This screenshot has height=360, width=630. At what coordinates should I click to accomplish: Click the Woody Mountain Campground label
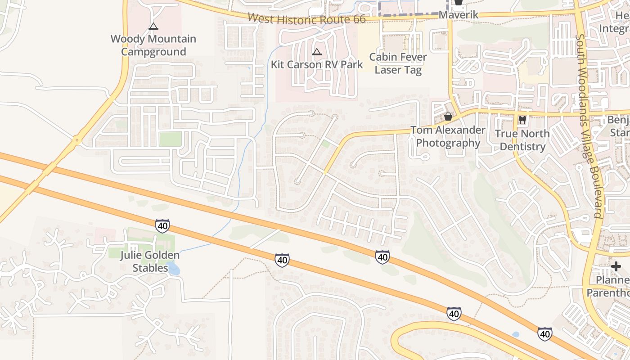[x=153, y=45]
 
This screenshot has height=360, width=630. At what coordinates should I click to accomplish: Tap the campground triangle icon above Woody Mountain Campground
[x=153, y=27]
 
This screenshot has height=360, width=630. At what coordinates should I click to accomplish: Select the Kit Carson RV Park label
[x=317, y=64]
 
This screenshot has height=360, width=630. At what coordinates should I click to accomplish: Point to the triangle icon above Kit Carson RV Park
[x=317, y=52]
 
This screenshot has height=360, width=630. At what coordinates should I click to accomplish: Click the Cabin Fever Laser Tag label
[x=398, y=63]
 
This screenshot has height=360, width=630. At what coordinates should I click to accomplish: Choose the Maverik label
[x=458, y=15]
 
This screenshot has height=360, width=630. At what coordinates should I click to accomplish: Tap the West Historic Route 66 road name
[x=319, y=19]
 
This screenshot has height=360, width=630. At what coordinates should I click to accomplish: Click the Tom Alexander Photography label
[x=448, y=136]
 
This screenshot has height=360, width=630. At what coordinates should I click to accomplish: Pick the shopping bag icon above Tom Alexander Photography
[x=448, y=117]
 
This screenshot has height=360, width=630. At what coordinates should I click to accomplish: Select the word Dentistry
[x=522, y=147]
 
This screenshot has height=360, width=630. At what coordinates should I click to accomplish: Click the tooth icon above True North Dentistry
[x=522, y=120]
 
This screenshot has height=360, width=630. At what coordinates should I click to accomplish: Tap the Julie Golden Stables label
[x=150, y=261]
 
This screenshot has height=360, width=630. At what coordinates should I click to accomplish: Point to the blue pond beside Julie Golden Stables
[x=174, y=270]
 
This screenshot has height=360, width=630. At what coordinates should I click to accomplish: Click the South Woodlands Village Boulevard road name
[x=588, y=126]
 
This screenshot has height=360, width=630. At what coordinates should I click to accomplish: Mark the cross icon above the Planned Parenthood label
[x=616, y=266]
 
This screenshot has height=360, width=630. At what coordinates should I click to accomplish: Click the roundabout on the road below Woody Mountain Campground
[x=77, y=140]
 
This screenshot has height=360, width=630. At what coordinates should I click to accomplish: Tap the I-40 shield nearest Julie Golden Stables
[x=162, y=226]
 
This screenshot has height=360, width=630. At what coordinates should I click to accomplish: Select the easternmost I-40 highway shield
[x=544, y=334]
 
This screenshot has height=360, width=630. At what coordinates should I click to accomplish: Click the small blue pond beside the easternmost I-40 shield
[x=516, y=334]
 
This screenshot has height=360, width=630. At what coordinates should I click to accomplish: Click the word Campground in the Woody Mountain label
[x=153, y=52]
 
